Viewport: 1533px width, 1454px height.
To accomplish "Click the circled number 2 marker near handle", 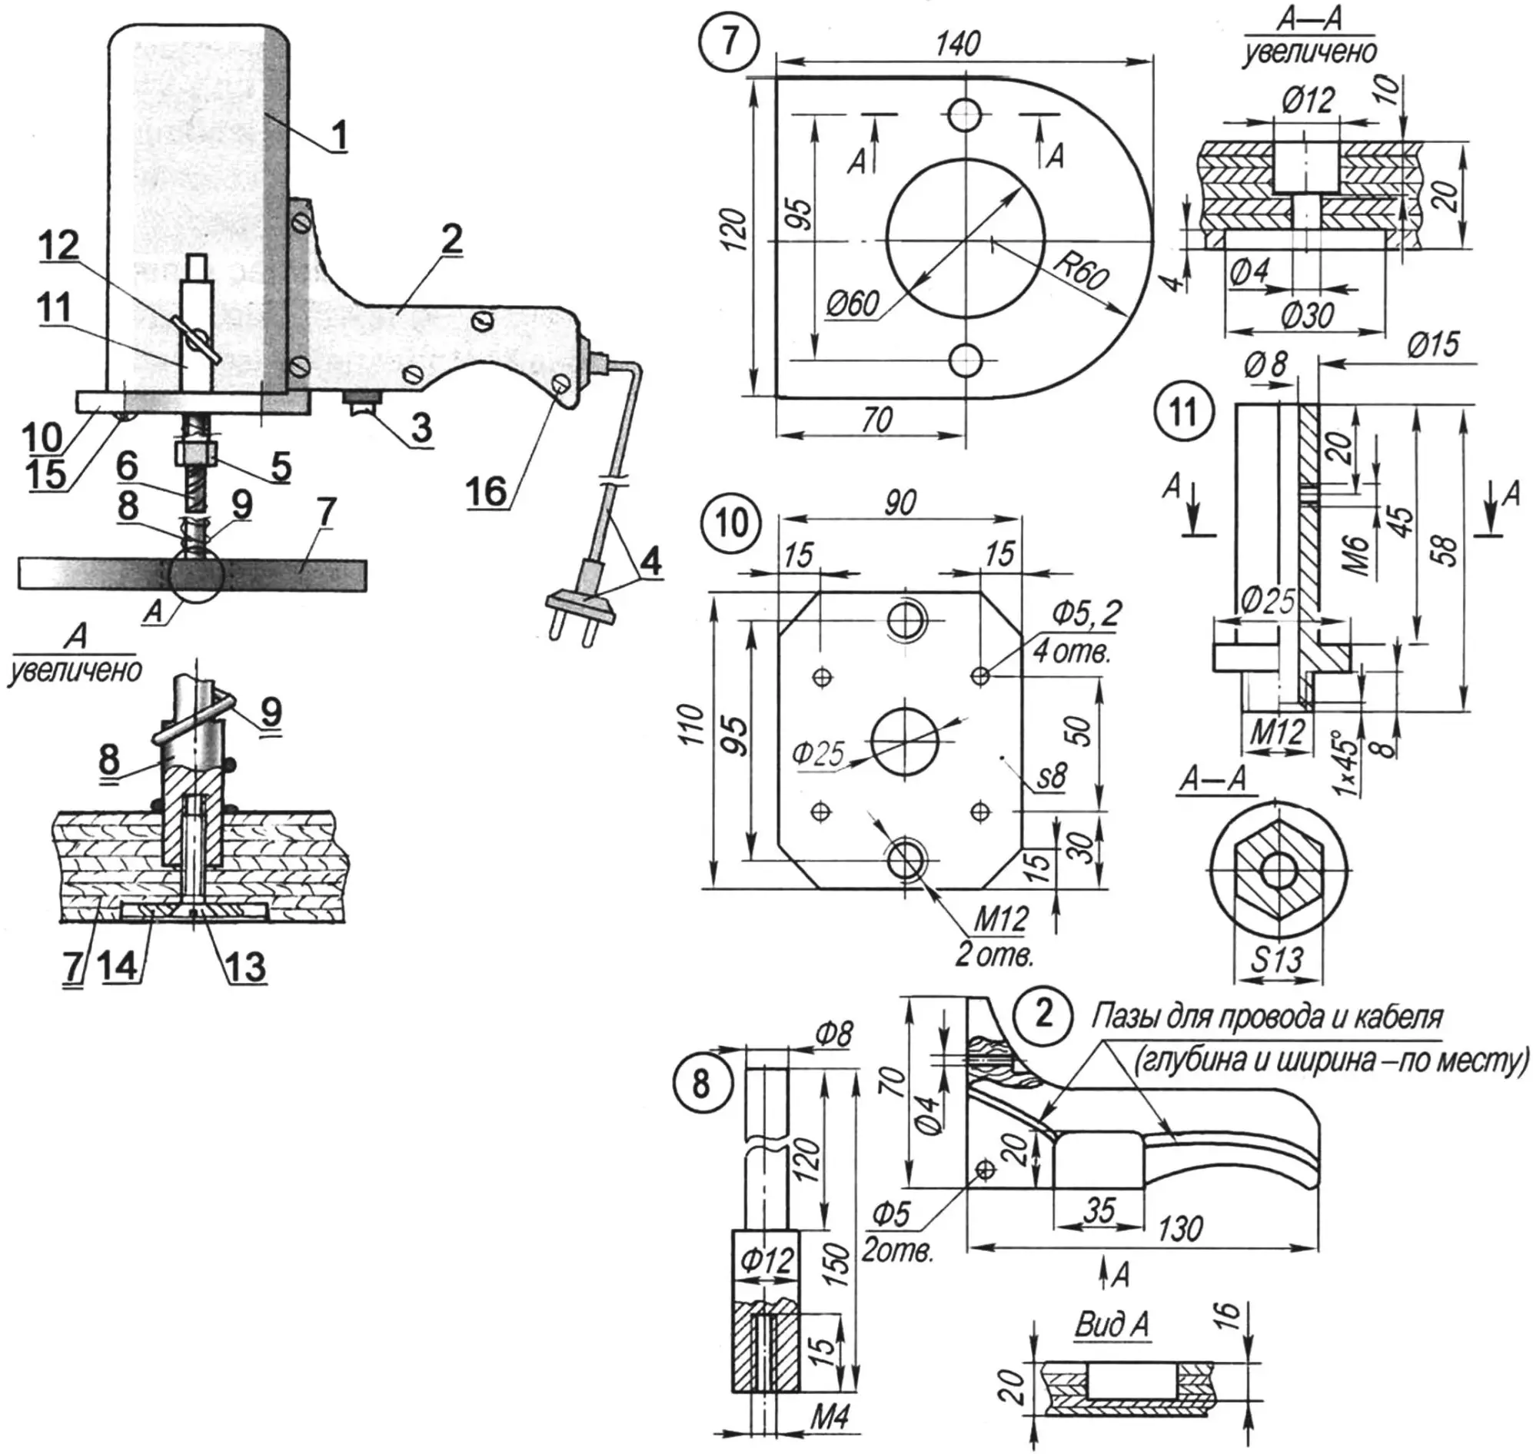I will (x=1044, y=1013).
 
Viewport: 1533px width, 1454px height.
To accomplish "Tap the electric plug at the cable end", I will (x=583, y=604).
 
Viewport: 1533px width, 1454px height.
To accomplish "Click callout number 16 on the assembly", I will (x=487, y=490).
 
